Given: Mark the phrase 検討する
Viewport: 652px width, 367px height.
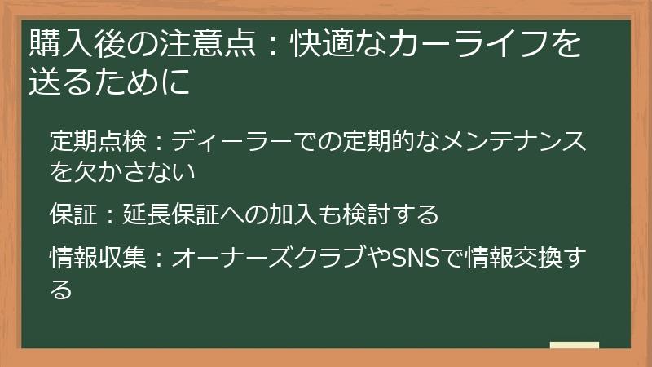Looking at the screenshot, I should pyautogui.click(x=392, y=215).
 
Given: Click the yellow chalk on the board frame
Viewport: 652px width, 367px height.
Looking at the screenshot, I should pyautogui.click(x=575, y=346).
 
